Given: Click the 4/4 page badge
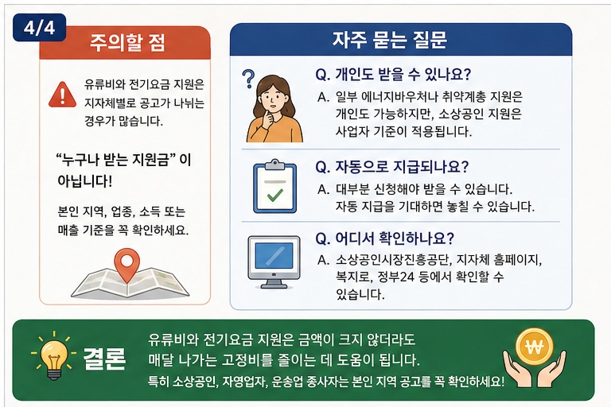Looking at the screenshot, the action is tap(39, 28).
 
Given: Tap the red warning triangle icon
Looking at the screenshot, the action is tap(62, 95).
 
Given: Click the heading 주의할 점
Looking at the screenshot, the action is tap(127, 42).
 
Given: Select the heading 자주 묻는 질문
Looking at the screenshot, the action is tap(390, 40).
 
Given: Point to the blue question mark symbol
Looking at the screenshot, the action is tap(248, 78).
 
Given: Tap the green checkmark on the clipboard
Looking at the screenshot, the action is tap(275, 194).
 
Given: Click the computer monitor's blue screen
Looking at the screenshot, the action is tap(274, 255).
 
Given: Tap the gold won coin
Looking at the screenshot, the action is tap(535, 347).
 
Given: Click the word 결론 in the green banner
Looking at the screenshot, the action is tap(104, 359).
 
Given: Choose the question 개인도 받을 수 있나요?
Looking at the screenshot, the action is tap(393, 74).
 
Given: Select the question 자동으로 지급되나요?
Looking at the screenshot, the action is tap(391, 167).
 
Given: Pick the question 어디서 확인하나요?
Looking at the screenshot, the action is tap(384, 238).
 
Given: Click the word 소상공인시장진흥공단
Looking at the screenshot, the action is tap(393, 260).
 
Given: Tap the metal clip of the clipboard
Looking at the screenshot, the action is tap(274, 165).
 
